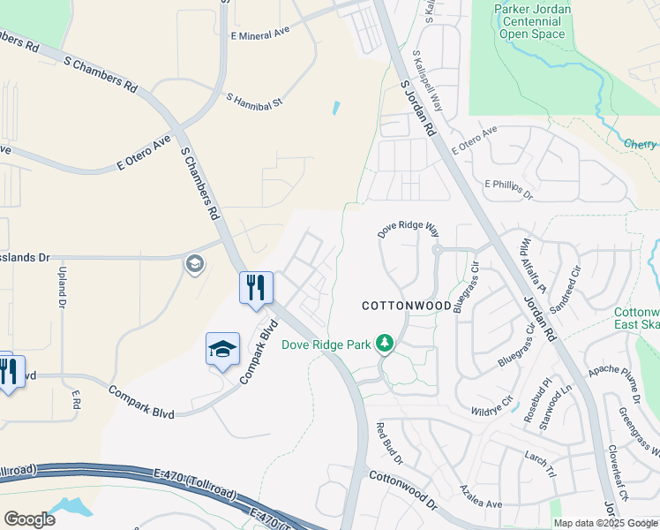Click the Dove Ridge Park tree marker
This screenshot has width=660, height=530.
pyautogui.click(x=384, y=342)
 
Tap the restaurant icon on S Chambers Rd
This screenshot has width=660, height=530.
pyautogui.click(x=256, y=287)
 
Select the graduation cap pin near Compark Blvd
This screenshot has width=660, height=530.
pyautogui.click(x=222, y=349)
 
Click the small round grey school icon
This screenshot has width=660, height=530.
pyautogui.click(x=194, y=263)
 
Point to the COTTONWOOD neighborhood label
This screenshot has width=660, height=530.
pyautogui.click(x=407, y=306)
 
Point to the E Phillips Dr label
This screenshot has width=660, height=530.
pyautogui.click(x=510, y=188)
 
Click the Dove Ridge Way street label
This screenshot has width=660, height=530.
pyautogui.click(x=408, y=230)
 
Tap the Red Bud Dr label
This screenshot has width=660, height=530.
pyautogui.click(x=389, y=444)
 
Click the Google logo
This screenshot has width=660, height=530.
pyautogui.click(x=29, y=519)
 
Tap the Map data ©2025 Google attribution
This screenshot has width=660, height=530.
pyautogui.click(x=605, y=523)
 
